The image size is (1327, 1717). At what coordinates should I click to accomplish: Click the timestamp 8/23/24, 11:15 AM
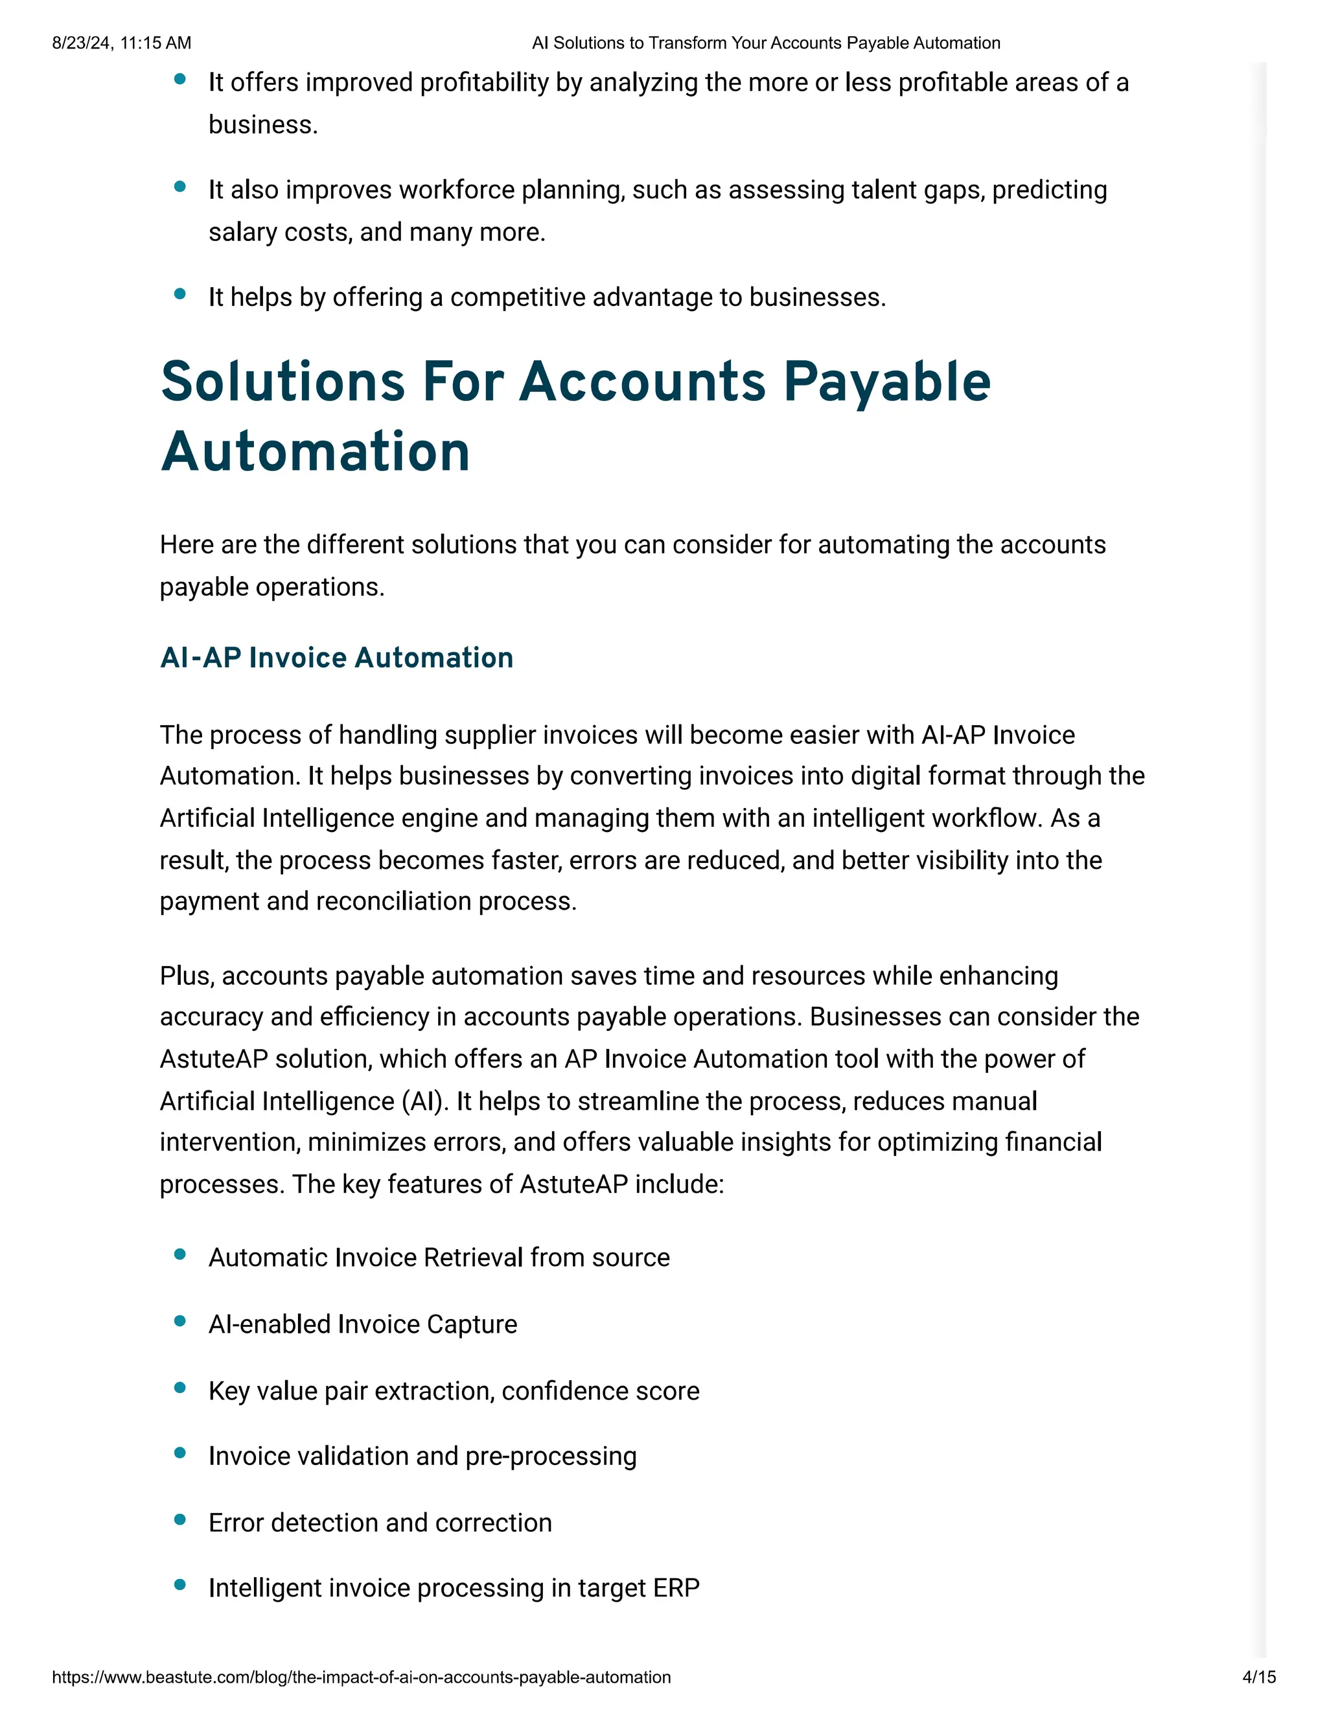(x=121, y=43)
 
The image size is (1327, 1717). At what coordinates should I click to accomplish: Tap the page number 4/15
(x=1258, y=1677)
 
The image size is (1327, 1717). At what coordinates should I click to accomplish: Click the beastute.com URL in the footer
(x=361, y=1677)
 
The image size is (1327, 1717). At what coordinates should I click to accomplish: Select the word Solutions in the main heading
(x=283, y=382)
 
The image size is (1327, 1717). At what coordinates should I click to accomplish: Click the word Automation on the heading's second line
(x=316, y=453)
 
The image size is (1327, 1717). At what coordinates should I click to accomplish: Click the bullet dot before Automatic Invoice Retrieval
(x=180, y=1255)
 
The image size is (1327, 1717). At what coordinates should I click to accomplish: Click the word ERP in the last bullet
(x=675, y=1588)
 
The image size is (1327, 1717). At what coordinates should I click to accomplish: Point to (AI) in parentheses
(x=424, y=1101)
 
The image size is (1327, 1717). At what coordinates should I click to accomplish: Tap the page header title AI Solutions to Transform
(x=766, y=43)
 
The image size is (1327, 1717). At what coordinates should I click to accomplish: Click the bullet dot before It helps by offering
(x=180, y=294)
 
